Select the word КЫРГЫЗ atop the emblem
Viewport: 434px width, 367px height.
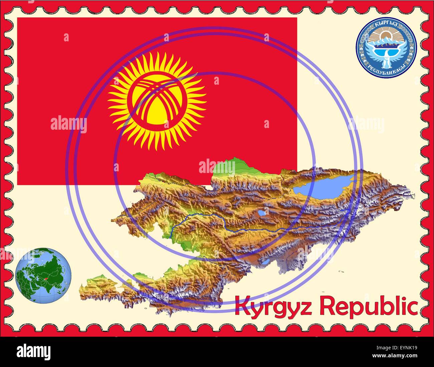tap(386, 24)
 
